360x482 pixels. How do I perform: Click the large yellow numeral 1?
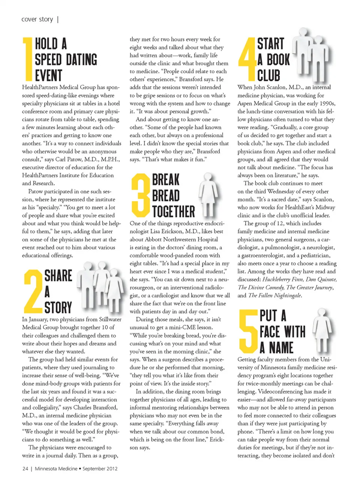click(x=27, y=59)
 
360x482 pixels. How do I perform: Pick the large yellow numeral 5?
click(x=248, y=331)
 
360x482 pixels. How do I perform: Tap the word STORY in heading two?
click(x=58, y=307)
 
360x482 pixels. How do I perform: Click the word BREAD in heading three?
click(x=166, y=196)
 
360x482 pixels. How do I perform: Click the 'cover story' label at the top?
click(x=37, y=19)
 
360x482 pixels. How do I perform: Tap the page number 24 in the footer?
click(x=25, y=468)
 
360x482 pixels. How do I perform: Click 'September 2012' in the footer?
click(x=100, y=468)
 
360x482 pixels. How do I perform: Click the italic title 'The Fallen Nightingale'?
click(x=275, y=295)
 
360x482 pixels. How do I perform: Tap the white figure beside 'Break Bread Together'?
click(x=207, y=194)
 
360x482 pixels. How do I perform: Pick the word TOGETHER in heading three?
click(x=174, y=211)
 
